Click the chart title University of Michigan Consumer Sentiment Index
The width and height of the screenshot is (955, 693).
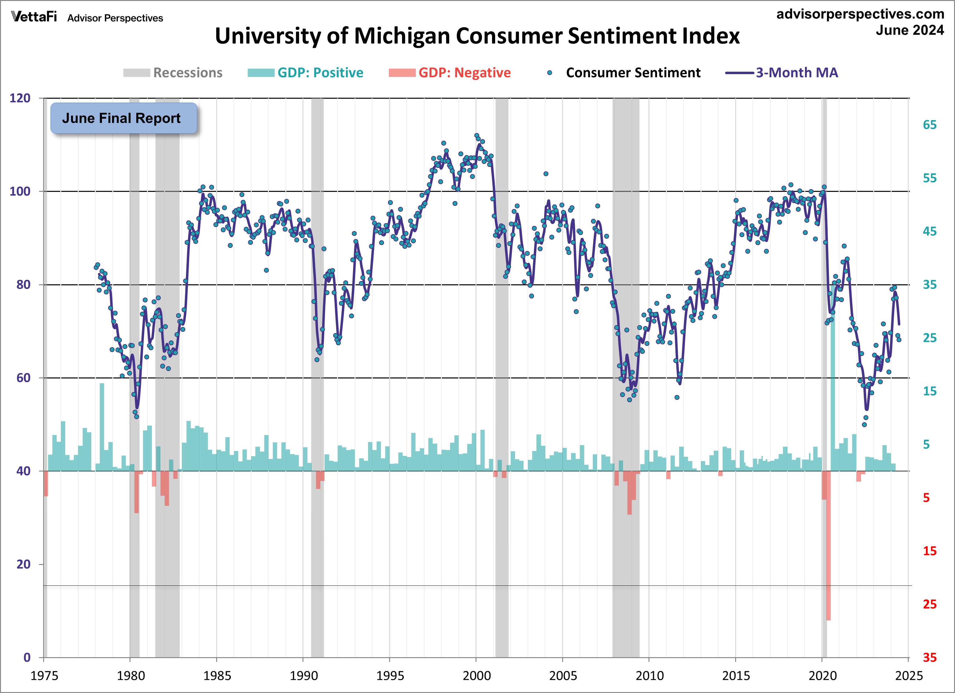(x=477, y=36)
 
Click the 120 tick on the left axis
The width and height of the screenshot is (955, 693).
(x=20, y=98)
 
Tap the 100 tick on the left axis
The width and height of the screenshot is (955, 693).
(x=20, y=191)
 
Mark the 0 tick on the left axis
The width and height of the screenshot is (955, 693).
(x=27, y=657)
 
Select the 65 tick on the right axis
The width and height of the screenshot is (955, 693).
(x=930, y=125)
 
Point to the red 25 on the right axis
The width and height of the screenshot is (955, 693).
(x=930, y=604)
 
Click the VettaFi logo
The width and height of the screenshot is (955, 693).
(x=34, y=17)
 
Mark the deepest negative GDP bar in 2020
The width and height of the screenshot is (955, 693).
(x=828, y=548)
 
